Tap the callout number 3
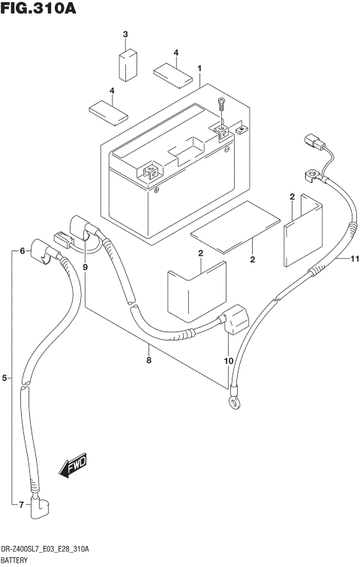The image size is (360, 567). pos(125,35)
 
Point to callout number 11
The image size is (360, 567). pos(355,259)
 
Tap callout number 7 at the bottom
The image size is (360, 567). pos(22,504)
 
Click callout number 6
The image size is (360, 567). pos(22,250)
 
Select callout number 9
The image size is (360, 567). pos(85,266)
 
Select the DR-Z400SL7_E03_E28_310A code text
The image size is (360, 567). pos(45,550)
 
